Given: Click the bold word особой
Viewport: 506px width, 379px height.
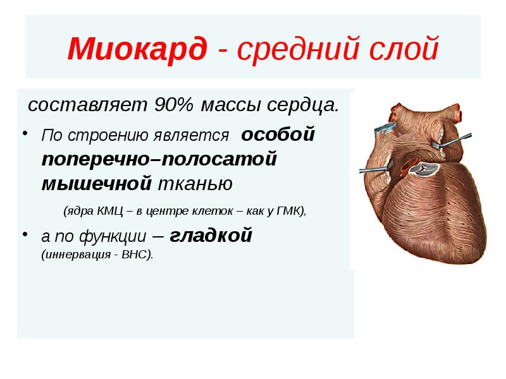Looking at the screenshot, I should tap(278, 135).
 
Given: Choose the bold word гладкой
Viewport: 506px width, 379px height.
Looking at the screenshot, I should tap(211, 236).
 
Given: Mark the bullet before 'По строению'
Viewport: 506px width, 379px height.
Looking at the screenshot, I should tap(27, 133).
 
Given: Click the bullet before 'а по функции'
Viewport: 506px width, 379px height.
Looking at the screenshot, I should tap(27, 236).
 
